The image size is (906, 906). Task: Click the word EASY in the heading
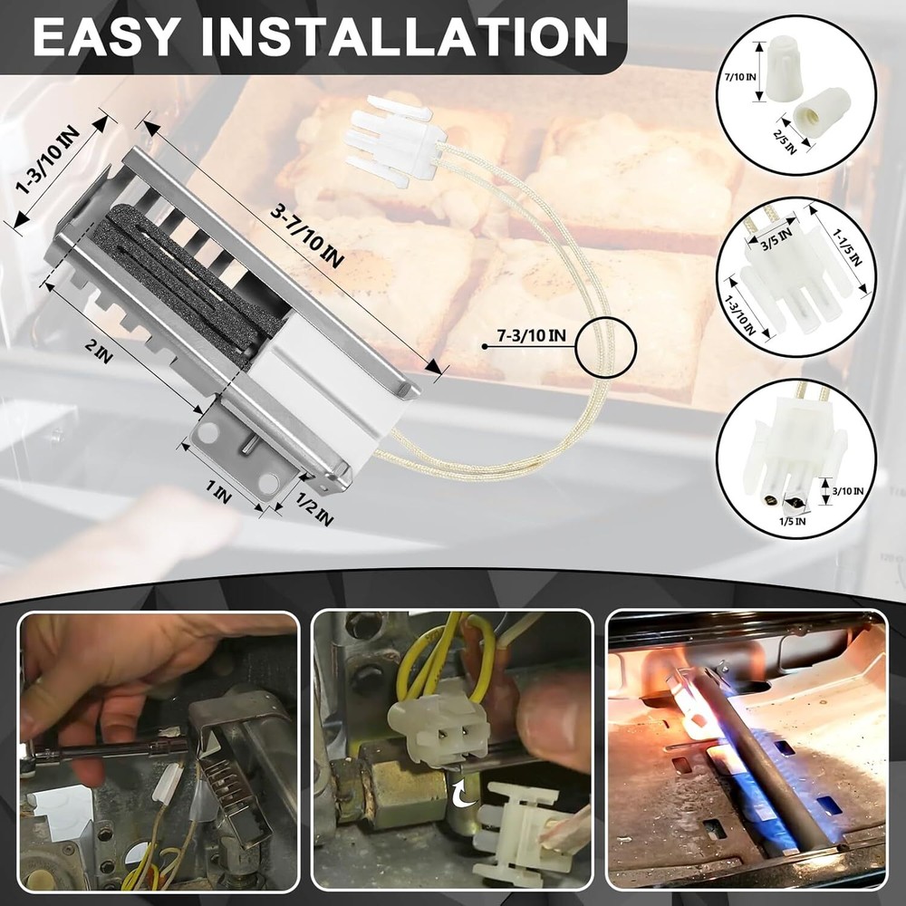point(104,36)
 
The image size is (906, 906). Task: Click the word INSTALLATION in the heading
point(404,36)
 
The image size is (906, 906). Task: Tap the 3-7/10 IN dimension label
point(307,236)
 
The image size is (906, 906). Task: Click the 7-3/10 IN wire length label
point(532,335)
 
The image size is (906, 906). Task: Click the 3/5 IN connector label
point(776,240)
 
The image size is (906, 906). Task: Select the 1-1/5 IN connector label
point(847,248)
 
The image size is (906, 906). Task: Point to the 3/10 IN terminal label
point(848,491)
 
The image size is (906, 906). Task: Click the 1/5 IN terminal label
point(792,521)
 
